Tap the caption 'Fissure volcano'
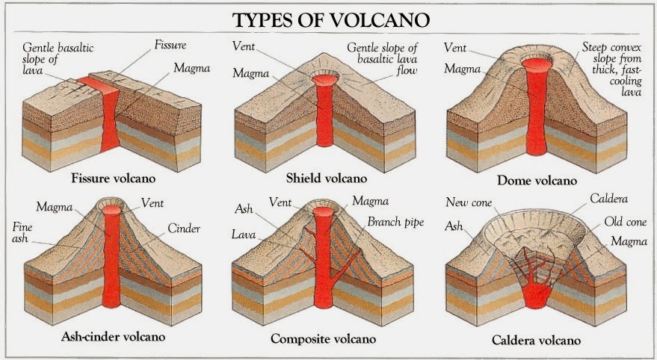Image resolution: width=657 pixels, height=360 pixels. click(113, 179)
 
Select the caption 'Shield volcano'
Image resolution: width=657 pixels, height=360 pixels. click(327, 179)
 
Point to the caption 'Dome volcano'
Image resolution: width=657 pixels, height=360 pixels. click(537, 181)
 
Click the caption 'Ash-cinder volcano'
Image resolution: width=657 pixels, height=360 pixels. click(113, 336)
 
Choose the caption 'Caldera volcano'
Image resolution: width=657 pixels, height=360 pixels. click(535, 341)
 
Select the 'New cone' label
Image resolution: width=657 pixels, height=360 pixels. click(469, 202)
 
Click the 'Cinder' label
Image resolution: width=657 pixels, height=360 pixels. click(183, 228)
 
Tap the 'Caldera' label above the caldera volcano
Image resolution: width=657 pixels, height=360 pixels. click(608, 200)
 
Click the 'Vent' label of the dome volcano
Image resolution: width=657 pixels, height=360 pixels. click(456, 47)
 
